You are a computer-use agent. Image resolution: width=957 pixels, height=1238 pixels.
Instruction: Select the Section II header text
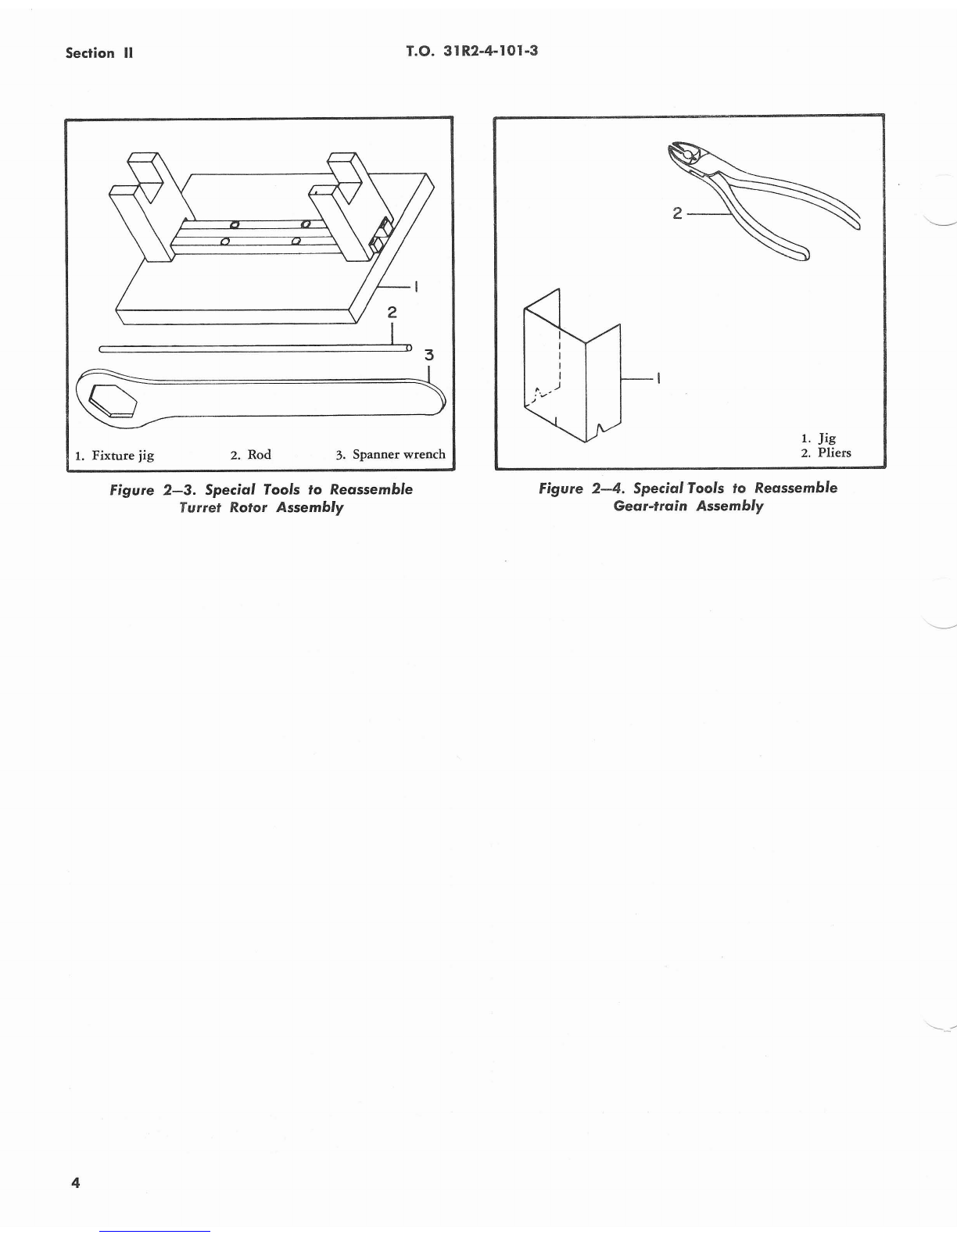pos(100,53)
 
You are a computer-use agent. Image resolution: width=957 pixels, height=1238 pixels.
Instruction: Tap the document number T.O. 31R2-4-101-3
pos(473,52)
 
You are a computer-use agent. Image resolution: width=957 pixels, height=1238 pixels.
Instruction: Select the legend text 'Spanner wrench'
pos(399,454)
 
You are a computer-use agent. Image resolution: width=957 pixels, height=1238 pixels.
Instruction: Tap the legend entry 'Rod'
pos(259,454)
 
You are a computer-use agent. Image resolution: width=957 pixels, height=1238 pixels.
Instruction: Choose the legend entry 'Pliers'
pos(834,453)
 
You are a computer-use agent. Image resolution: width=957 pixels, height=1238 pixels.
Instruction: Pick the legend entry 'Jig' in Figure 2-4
pos(826,438)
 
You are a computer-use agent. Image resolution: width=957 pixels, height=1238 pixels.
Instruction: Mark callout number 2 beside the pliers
pos(677,213)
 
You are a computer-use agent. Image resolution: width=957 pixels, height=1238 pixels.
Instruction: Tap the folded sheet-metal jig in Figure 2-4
pos(571,367)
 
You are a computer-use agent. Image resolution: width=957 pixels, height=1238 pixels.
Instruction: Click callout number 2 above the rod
pos(392,312)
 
